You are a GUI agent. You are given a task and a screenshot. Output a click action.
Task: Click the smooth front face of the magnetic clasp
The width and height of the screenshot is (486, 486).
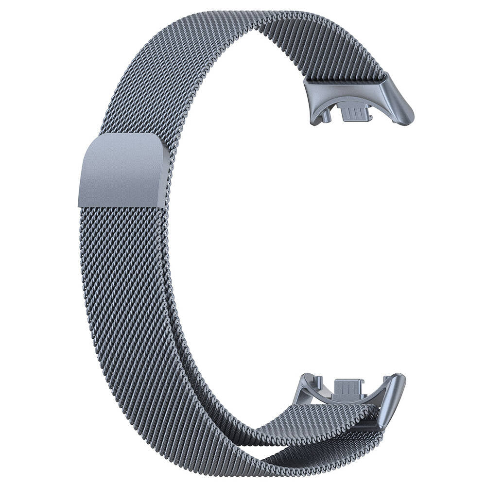(x=121, y=170)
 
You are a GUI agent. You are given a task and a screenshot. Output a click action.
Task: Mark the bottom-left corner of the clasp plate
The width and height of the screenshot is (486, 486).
(x=81, y=204)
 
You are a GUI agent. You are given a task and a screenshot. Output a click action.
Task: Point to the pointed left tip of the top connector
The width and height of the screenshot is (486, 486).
(x=306, y=83)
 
